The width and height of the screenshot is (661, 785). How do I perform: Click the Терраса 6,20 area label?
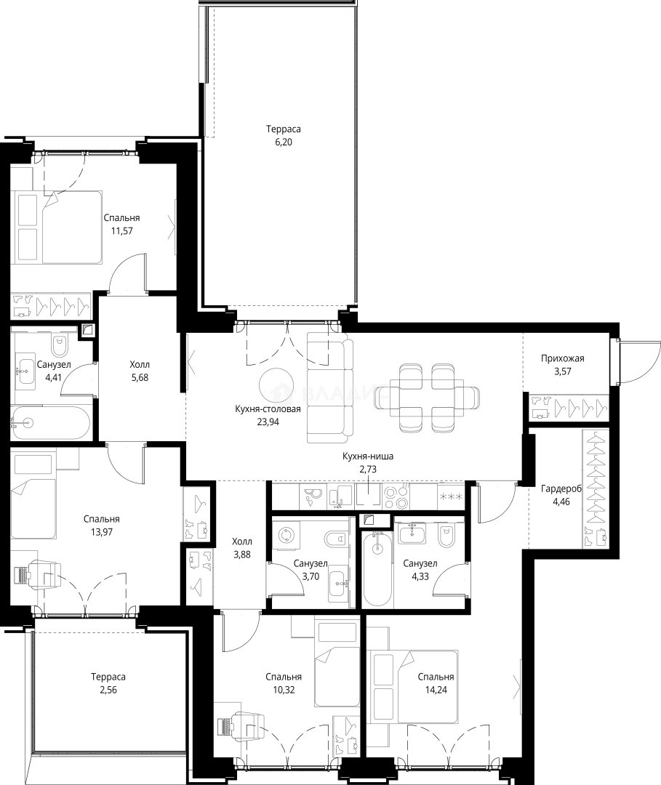283,136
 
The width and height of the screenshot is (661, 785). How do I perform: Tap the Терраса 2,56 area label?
108,683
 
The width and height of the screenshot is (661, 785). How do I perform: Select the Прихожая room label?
562,358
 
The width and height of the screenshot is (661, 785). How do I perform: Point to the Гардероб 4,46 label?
561,495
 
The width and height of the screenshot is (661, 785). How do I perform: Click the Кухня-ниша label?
367,456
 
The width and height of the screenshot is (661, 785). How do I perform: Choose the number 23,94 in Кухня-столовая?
268,422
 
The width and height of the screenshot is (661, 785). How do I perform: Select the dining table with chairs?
433,398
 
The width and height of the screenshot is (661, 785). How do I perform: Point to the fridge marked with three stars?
451,496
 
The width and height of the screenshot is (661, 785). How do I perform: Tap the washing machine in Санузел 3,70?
286,535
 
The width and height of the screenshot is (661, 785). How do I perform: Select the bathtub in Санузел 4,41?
50,423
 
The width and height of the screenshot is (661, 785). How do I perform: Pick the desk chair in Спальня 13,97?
44,572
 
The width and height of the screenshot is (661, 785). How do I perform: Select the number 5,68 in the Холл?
140,377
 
